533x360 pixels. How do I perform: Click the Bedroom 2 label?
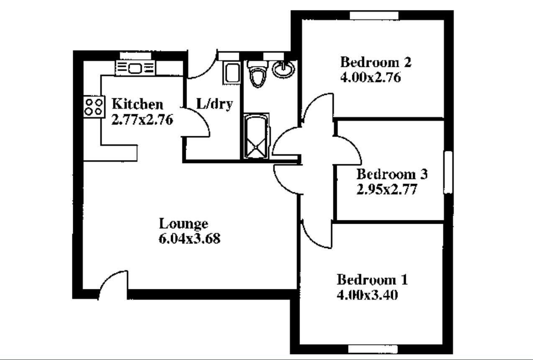point(376,62)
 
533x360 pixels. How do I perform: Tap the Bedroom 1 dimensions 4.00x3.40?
point(367,295)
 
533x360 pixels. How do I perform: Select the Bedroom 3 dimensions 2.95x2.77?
point(387,189)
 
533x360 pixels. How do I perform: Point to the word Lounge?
point(184,224)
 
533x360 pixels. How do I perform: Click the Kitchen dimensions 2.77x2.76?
point(142,119)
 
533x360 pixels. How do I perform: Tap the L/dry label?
point(215,104)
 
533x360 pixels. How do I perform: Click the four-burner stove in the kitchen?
point(94,107)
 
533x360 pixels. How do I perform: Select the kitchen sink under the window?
point(136,68)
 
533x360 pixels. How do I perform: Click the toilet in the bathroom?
point(257,74)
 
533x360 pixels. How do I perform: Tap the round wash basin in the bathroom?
point(283,69)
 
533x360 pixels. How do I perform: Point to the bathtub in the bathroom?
point(256,136)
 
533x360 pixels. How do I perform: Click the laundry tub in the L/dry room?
point(232,72)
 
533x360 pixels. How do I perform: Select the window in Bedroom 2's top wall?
point(374,15)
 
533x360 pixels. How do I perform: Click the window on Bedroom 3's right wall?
point(448,172)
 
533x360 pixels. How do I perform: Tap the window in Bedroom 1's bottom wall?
point(373,349)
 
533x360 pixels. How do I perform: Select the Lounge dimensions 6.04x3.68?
point(190,239)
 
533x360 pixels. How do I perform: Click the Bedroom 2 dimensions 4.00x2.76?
point(371,77)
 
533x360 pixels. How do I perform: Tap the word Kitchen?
point(138,104)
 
